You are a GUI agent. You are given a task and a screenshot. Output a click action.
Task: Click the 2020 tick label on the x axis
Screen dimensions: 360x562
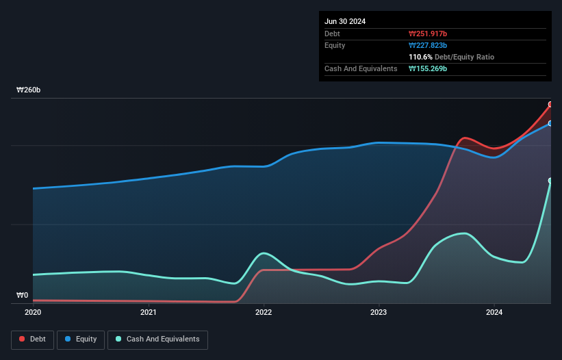[33, 312]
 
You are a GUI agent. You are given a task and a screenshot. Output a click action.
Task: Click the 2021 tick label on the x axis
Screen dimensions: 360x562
[148, 312]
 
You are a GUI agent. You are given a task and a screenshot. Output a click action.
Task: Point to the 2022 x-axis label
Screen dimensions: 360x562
[264, 312]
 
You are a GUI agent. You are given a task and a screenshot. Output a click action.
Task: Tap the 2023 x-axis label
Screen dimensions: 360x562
[379, 312]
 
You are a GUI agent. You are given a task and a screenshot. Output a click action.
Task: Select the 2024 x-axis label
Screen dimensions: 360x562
[494, 312]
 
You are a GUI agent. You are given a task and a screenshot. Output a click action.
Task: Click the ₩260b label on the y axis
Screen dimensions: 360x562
[29, 90]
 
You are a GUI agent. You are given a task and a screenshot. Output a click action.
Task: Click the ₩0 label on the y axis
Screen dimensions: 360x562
[22, 296]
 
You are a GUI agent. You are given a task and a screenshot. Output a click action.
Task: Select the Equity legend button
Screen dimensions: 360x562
[81, 339]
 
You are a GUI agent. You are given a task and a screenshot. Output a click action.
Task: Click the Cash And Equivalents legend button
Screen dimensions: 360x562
[157, 339]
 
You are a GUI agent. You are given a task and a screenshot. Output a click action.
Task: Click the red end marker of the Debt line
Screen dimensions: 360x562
[550, 105]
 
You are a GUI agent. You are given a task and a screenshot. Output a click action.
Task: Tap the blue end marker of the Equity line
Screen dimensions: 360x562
[550, 123]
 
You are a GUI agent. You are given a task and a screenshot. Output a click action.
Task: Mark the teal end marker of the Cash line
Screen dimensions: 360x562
[550, 181]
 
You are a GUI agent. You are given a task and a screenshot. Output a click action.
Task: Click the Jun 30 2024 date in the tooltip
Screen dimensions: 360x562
[345, 21]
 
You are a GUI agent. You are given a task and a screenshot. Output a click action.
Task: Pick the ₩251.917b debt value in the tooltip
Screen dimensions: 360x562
[429, 34]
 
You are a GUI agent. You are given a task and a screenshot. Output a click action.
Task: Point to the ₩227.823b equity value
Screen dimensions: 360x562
[429, 45]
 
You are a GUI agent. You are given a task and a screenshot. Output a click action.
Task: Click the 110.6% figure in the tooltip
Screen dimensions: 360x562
[420, 57]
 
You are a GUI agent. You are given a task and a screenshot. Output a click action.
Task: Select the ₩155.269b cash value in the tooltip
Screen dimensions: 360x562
[429, 69]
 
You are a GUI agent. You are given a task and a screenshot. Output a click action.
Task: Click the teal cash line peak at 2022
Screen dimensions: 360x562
[264, 253]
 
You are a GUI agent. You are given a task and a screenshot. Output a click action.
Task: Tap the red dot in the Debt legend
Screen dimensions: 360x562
[22, 339]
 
